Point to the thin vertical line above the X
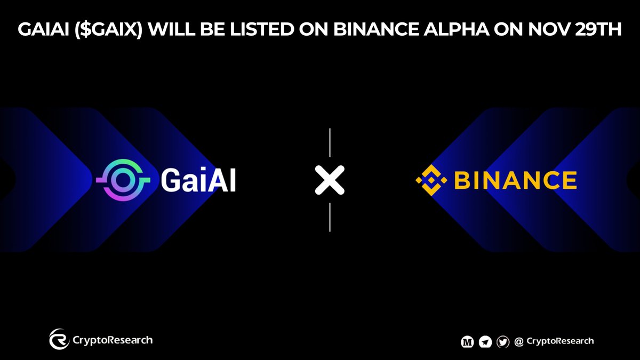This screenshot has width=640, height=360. click(x=330, y=143)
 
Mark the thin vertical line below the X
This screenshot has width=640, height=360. click(x=330, y=217)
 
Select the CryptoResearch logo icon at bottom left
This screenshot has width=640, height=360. click(x=59, y=339)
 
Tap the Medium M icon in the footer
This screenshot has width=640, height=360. click(x=467, y=342)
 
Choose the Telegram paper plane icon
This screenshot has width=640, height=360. click(x=485, y=342)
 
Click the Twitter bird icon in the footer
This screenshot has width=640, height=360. click(x=502, y=342)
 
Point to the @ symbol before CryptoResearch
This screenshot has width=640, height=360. click(x=518, y=342)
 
